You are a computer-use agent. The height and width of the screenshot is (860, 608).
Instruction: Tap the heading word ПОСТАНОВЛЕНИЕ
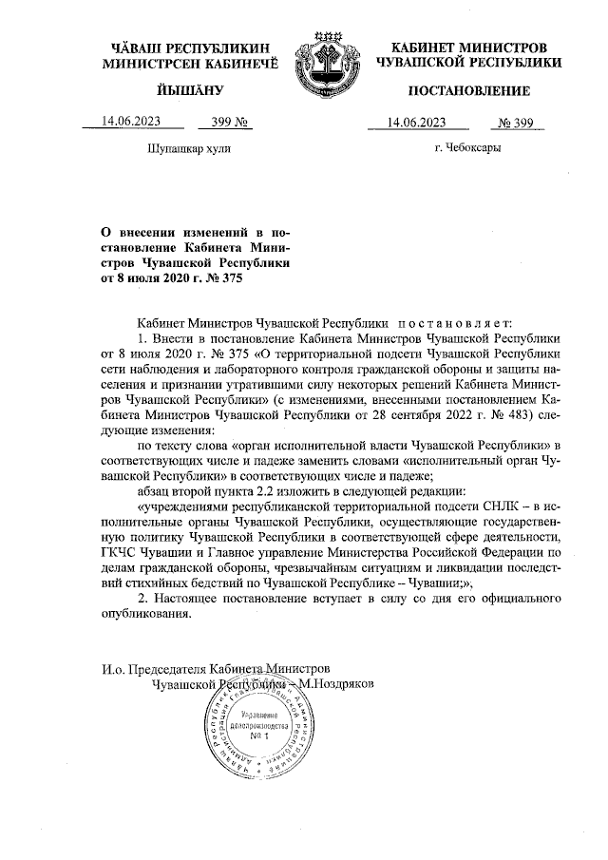pyautogui.click(x=468, y=90)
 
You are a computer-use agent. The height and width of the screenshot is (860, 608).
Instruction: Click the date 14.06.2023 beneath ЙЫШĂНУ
pyautogui.click(x=130, y=122)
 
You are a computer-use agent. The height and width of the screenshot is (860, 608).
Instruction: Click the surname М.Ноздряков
pyautogui.click(x=338, y=682)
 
